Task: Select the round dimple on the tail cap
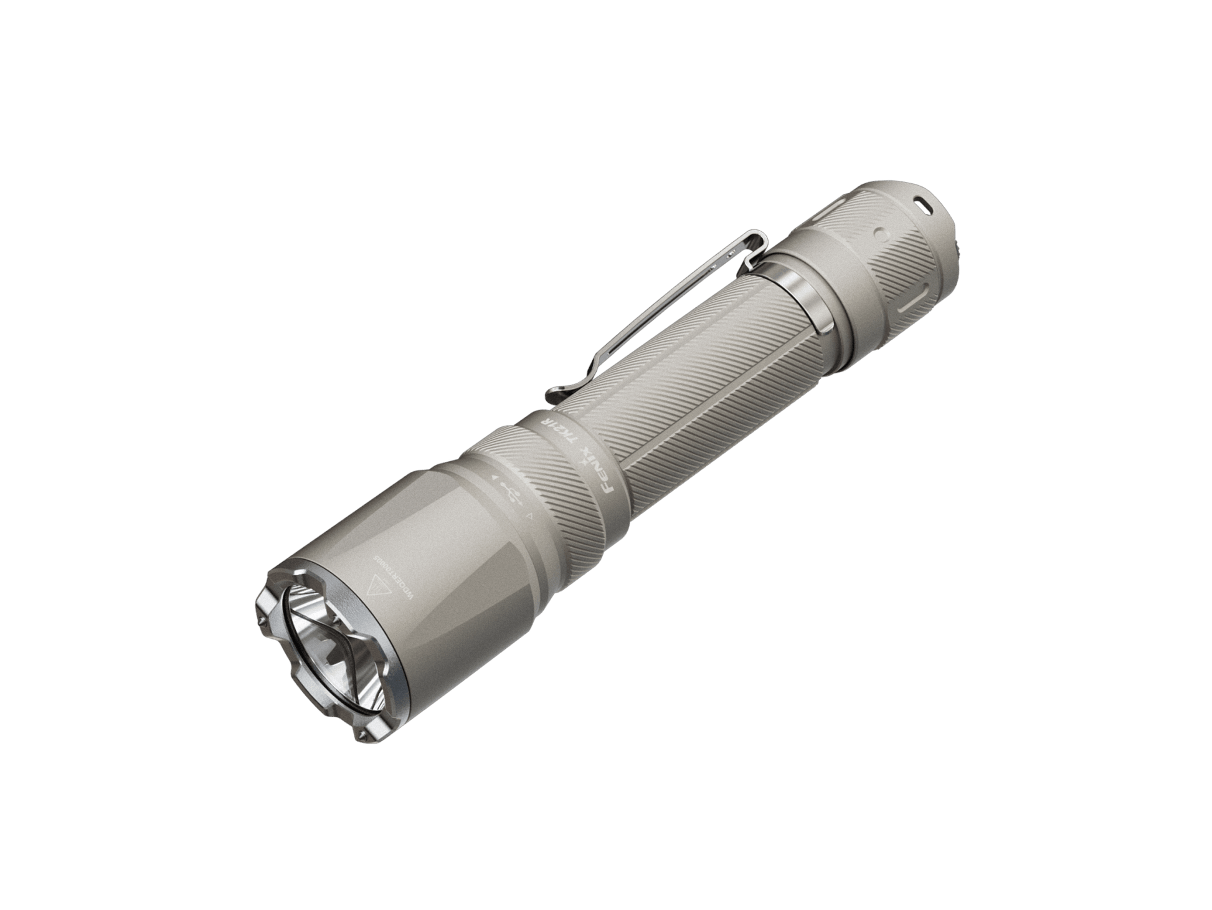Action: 879,235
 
